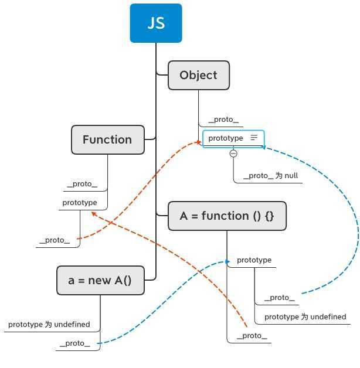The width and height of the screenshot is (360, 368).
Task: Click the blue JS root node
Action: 156,23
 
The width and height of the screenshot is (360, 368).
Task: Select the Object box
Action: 198,75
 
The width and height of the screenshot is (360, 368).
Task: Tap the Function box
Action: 107,139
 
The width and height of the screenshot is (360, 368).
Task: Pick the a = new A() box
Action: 100,280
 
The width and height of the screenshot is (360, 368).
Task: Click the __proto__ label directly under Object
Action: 223,120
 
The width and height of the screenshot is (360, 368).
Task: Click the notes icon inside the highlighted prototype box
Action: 254,138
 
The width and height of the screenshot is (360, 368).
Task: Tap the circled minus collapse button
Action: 233,154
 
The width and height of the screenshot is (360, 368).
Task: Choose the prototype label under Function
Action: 80,202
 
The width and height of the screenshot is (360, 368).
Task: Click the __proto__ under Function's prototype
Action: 55,240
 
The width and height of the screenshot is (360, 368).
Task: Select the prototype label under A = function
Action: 254,260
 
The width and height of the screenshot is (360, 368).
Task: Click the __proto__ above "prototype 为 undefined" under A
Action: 279,298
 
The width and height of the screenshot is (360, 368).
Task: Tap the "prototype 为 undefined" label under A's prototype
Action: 305,316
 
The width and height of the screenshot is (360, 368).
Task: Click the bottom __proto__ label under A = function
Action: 252,336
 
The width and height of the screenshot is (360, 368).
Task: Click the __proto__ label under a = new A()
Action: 74,343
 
